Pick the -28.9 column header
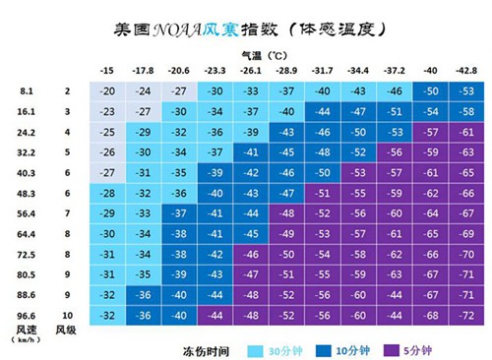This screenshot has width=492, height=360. click(x=285, y=71)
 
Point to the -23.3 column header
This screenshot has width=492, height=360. click(x=214, y=71)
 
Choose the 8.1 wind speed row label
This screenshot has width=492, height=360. click(x=28, y=91)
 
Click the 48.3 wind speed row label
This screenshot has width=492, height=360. click(x=28, y=193)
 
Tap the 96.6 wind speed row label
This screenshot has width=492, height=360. click(x=28, y=314)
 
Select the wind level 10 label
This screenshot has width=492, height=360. click(x=68, y=314)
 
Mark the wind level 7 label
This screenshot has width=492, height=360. click(x=68, y=212)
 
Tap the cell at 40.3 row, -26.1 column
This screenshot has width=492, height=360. click(x=250, y=172)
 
